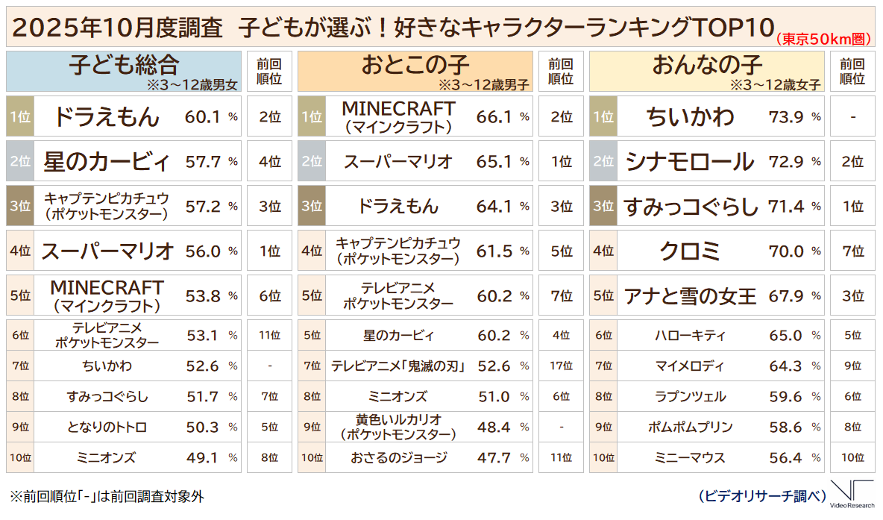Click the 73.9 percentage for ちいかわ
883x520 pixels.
tap(785, 116)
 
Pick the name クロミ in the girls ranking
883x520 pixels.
tap(690, 251)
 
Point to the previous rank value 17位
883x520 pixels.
tap(561, 366)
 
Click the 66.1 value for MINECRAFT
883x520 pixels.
tap(494, 116)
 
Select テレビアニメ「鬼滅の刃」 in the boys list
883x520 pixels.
tap(398, 366)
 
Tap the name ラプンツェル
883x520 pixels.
tap(690, 396)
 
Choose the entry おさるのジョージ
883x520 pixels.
tap(398, 457)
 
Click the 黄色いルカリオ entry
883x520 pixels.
tap(398, 427)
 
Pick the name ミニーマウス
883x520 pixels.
tap(690, 457)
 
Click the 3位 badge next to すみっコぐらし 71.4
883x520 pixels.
tap(603, 207)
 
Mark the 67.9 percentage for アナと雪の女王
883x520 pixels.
tap(785, 296)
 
